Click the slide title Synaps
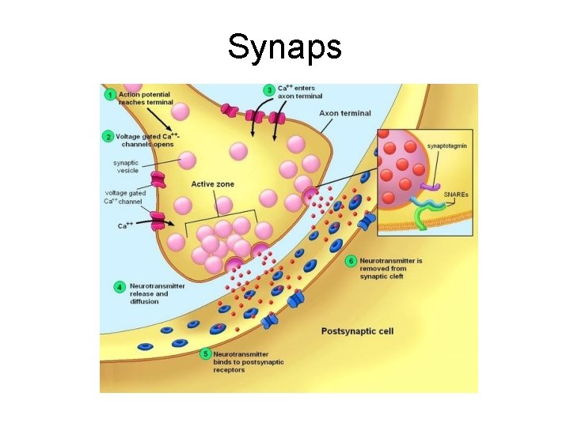[x=284, y=47]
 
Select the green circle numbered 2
[x=108, y=136]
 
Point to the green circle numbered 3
[x=269, y=90]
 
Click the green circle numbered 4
[x=120, y=285]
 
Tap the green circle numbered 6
[x=351, y=259]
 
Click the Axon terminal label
[x=344, y=113]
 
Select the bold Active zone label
[x=212, y=184]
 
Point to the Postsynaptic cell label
[x=357, y=331]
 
